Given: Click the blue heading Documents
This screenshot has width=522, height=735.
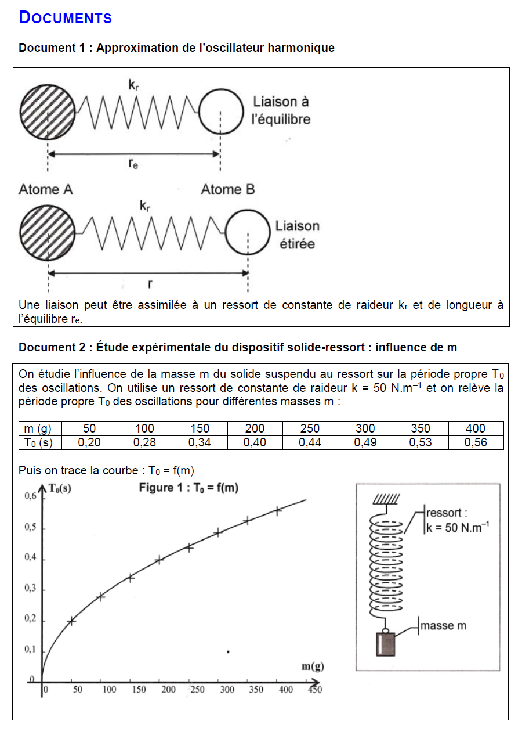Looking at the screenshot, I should [x=66, y=18].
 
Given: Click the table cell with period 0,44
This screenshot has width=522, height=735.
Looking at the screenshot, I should [x=310, y=442].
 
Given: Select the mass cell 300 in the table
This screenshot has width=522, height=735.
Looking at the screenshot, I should [x=365, y=428].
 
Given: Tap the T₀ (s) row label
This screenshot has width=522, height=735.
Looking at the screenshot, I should [x=38, y=442].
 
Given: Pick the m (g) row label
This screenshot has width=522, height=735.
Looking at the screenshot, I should [x=38, y=428].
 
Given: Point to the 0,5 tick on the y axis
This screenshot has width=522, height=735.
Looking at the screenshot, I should [x=30, y=528].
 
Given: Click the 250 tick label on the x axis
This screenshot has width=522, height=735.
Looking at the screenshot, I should [x=197, y=690].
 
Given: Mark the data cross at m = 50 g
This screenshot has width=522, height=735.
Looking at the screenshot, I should [x=71, y=621].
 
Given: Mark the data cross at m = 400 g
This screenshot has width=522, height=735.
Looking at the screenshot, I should [x=277, y=511].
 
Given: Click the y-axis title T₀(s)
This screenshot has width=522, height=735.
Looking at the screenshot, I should [x=60, y=488].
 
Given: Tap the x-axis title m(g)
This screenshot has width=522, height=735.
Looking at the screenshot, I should [x=312, y=666].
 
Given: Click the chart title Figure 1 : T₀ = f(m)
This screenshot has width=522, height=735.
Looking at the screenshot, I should [x=188, y=488].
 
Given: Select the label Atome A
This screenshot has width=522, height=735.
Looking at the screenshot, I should [x=46, y=189].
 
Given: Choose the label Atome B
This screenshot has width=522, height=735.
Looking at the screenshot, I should [x=227, y=189].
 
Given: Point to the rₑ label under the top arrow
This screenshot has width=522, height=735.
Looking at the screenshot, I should [x=133, y=164].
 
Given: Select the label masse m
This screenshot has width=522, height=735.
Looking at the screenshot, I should [x=443, y=626].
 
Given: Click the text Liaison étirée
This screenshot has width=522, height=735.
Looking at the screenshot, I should [x=296, y=235].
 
